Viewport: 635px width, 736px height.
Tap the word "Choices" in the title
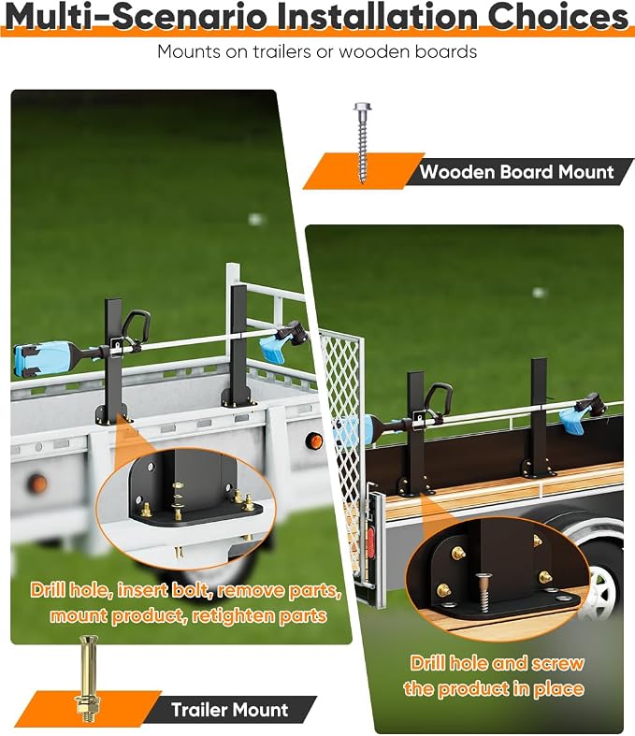point(557,16)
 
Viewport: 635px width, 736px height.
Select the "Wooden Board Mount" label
point(516,172)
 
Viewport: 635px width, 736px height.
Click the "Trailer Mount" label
point(229,709)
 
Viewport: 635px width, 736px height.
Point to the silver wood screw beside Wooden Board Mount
point(362,143)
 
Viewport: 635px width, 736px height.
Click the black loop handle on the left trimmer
point(137,326)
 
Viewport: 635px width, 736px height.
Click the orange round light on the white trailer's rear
point(313,440)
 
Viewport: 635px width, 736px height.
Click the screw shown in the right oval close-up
point(483,592)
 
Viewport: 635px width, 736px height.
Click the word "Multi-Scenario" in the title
point(137,16)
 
